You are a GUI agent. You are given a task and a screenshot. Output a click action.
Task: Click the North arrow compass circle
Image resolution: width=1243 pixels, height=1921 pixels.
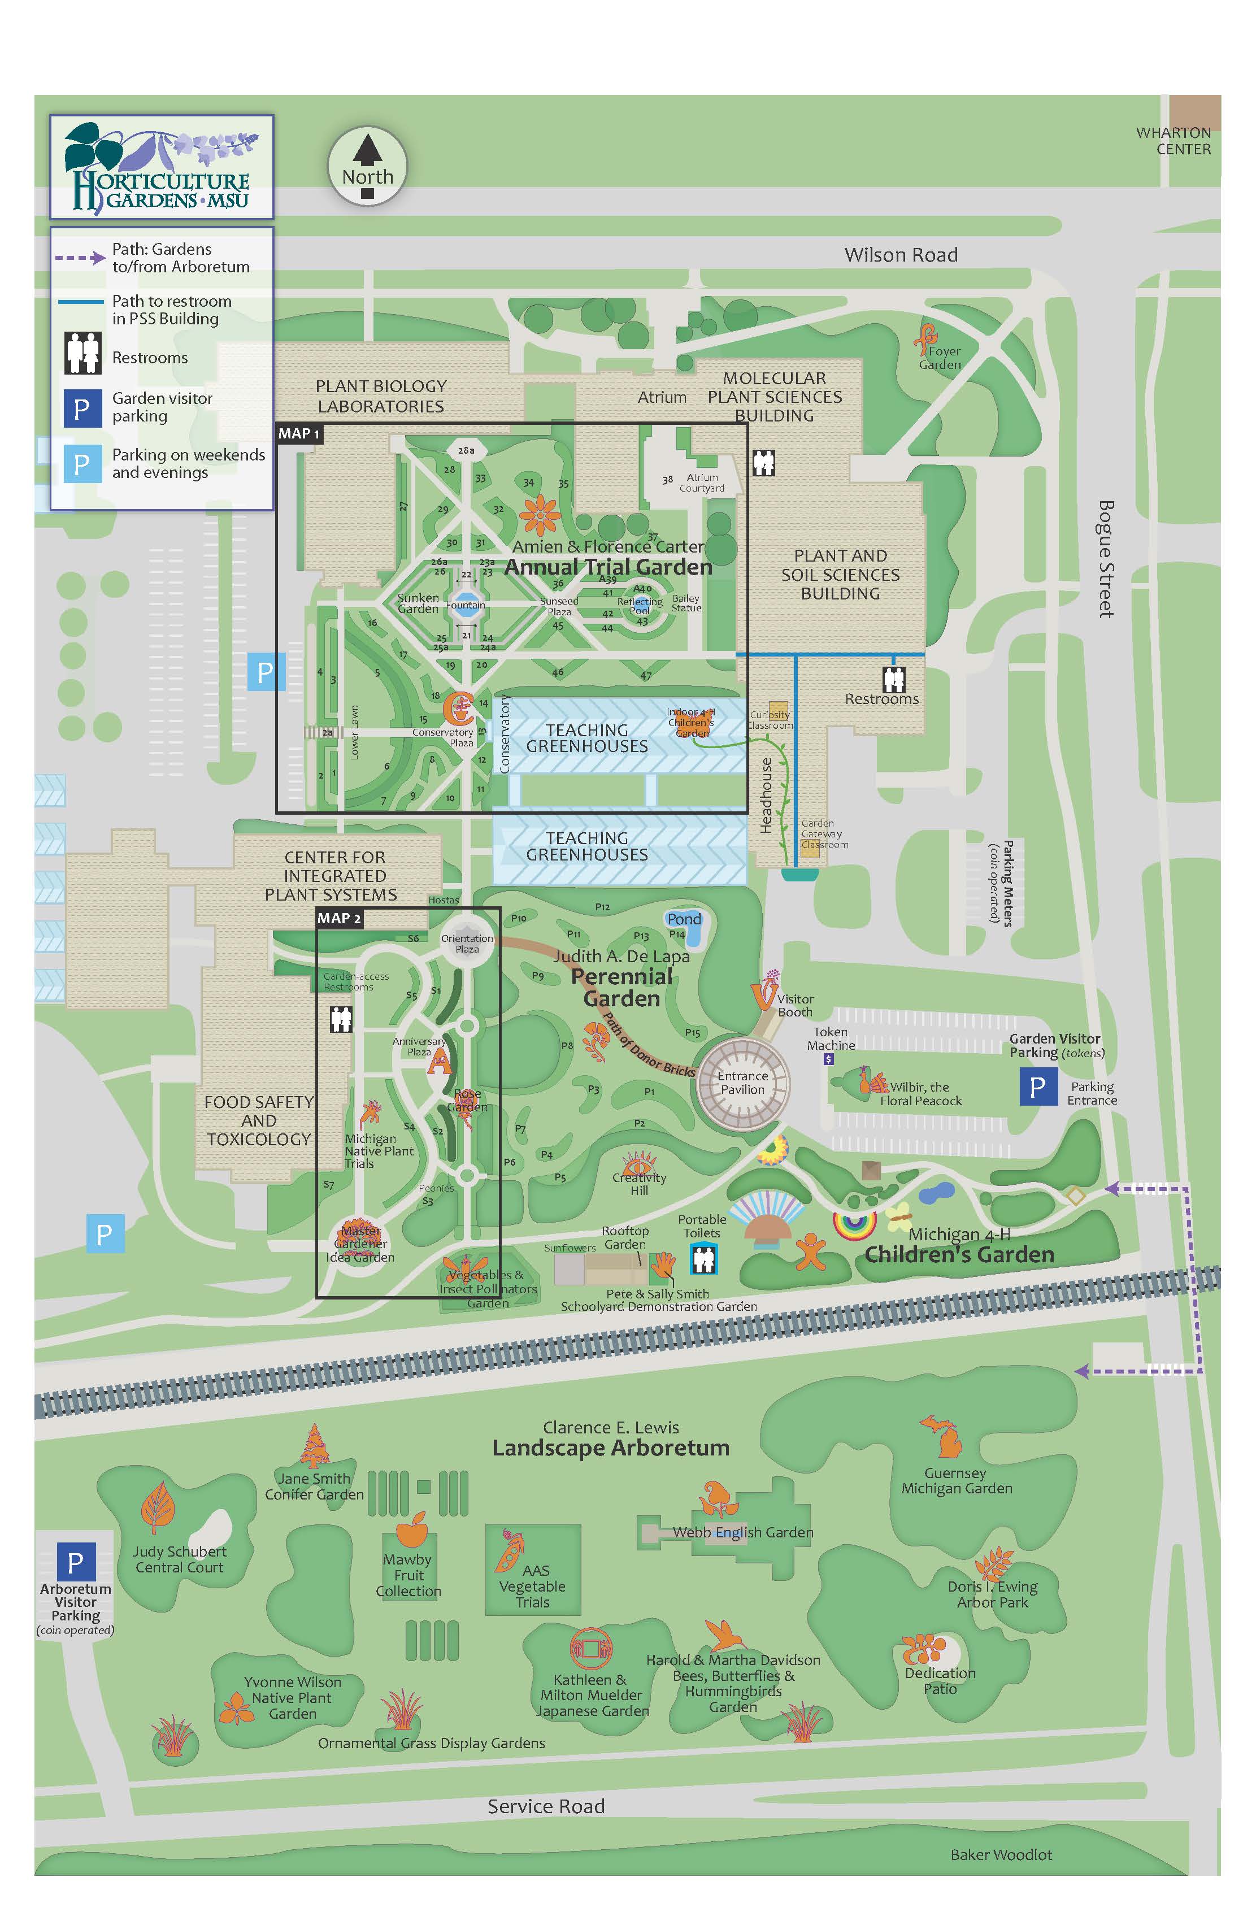(367, 167)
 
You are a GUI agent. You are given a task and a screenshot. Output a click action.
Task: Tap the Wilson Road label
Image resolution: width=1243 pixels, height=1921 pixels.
(901, 255)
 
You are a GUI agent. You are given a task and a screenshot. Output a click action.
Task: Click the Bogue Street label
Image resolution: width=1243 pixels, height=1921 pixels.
(1106, 559)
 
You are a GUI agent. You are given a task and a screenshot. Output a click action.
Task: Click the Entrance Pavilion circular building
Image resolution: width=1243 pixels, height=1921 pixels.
(742, 1083)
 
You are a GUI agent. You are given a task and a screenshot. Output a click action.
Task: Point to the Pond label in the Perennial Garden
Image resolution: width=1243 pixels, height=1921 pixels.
(684, 919)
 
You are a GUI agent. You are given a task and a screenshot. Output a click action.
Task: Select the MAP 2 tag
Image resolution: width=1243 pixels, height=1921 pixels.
(339, 919)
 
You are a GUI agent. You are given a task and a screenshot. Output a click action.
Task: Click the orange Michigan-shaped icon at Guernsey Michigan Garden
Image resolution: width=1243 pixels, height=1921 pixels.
(942, 1437)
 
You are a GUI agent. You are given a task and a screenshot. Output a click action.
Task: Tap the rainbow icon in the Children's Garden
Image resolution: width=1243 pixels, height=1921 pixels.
(854, 1226)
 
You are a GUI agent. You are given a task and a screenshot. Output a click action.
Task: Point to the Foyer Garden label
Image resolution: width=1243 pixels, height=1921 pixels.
(941, 358)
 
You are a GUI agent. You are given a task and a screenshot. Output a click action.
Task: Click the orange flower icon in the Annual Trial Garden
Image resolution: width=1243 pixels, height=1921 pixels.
(540, 514)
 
